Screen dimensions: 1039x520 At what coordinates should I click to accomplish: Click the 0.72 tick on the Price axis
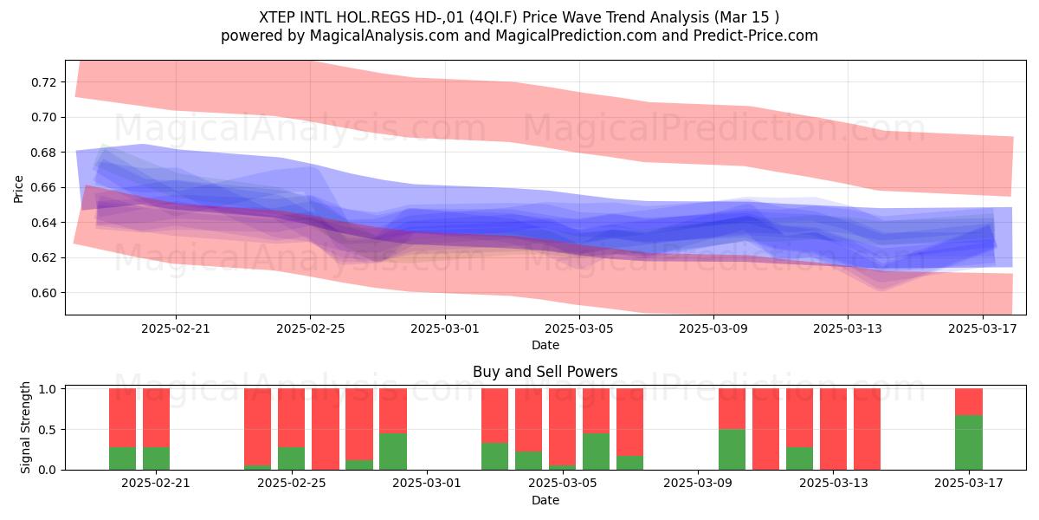click(x=43, y=82)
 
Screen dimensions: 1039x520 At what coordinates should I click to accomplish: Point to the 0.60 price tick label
click(x=43, y=293)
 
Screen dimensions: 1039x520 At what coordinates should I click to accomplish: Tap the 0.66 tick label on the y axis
click(x=43, y=187)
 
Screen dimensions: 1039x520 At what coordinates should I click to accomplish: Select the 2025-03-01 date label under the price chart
click(x=445, y=328)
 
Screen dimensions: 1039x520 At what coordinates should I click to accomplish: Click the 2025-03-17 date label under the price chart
click(x=983, y=328)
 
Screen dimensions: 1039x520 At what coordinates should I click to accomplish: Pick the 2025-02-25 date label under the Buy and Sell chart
click(x=291, y=484)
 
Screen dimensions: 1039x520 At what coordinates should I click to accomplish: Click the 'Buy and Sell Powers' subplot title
click(x=545, y=372)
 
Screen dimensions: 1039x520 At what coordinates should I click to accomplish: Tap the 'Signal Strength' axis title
click(x=25, y=427)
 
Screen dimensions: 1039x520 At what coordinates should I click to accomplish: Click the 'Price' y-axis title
click(x=18, y=189)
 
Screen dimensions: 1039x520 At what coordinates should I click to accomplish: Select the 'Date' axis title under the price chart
click(x=545, y=346)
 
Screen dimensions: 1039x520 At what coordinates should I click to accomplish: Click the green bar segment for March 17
click(x=969, y=443)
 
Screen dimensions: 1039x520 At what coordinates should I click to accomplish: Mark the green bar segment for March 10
click(x=732, y=450)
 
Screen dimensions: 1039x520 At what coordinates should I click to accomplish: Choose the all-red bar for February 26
click(x=326, y=429)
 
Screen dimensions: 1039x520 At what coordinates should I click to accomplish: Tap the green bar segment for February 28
click(x=393, y=452)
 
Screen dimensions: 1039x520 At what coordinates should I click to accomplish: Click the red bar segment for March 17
click(x=969, y=402)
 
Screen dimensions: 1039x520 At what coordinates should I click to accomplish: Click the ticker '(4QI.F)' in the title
click(x=494, y=17)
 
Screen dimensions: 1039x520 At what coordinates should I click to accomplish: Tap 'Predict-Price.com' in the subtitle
click(x=756, y=36)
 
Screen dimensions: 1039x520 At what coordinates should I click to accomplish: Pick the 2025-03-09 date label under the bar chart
click(x=698, y=484)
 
